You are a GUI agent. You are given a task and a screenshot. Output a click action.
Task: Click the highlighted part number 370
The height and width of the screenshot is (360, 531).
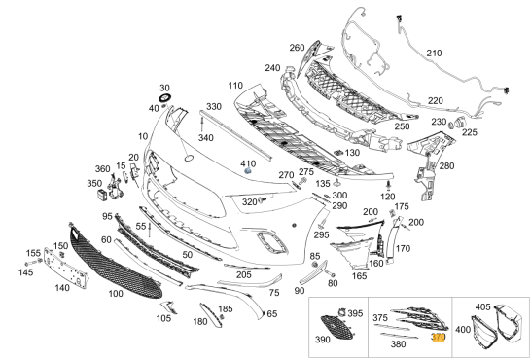pos(438,337)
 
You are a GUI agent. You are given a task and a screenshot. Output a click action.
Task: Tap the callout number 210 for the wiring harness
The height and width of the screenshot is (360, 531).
pos(434,52)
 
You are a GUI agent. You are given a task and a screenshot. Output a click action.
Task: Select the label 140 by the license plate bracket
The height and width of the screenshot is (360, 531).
pos(63,287)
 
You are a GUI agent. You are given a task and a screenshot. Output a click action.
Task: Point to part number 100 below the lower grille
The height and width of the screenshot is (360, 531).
pos(116,293)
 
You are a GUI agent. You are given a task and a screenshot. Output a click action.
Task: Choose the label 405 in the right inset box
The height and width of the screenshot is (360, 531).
pos(482,307)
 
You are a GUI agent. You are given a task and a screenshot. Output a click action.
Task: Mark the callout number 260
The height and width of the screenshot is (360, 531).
pos(297,47)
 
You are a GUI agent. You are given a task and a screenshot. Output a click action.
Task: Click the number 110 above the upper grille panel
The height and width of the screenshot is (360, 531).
pos(235,86)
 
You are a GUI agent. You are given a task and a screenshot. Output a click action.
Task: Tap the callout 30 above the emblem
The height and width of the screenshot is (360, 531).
pos(164,88)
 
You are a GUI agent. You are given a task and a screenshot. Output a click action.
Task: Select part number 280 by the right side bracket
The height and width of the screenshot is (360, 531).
pos(446,165)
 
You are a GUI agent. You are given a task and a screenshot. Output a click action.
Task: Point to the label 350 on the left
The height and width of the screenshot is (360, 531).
pos(93,182)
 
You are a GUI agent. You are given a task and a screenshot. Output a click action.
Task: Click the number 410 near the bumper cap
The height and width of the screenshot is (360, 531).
pos(248,162)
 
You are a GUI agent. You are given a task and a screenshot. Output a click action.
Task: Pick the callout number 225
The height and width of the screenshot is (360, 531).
pos(469,132)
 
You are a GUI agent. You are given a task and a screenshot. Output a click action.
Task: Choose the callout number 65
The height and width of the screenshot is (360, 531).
pos(272,313)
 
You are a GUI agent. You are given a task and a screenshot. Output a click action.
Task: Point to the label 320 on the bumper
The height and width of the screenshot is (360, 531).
pos(249,201)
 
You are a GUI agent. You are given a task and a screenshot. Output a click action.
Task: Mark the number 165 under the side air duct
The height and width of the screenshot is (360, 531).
pos(359,276)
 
